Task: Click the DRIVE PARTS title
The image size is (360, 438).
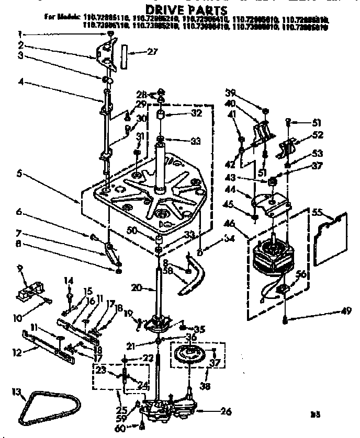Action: (x=179, y=9)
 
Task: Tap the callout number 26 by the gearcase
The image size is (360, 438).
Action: (x=226, y=411)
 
